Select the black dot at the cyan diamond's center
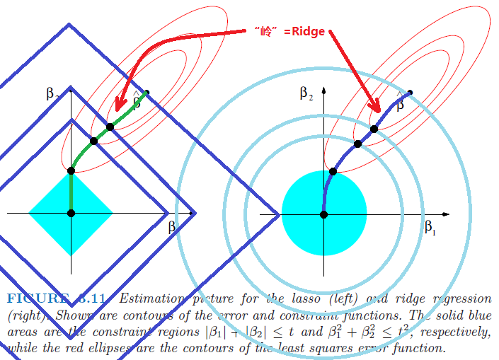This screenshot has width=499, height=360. [71, 213]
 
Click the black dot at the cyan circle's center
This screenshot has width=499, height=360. [323, 214]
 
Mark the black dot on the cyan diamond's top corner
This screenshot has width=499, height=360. [71, 170]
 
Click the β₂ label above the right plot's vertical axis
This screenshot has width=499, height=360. [306, 93]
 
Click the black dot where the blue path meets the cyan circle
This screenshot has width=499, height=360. [333, 171]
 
